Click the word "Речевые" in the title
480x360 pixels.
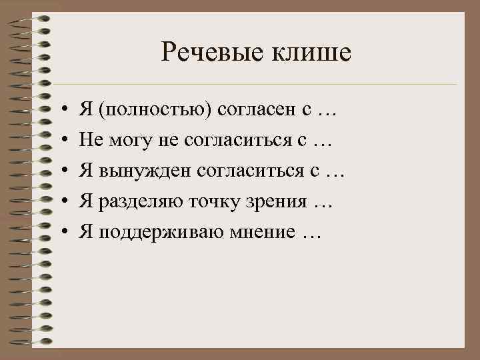(x=203, y=52)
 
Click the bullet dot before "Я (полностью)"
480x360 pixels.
(x=62, y=111)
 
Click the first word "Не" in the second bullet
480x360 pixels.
(x=89, y=141)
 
